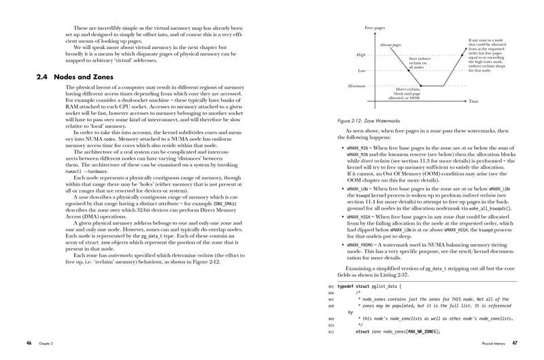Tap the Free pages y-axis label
click(375, 27)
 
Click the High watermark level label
click(361, 54)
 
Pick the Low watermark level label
click(362, 70)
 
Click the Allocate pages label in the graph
click(393, 43)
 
